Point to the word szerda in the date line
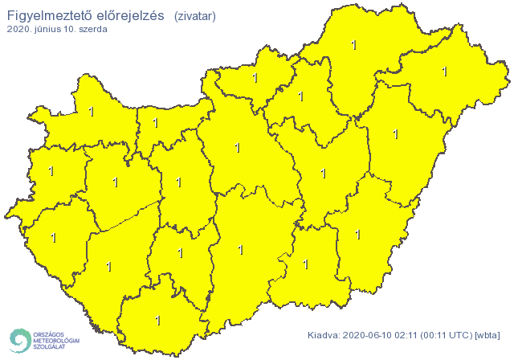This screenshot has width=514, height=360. [x=92, y=29]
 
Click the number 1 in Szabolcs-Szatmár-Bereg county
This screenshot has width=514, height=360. [x=444, y=72]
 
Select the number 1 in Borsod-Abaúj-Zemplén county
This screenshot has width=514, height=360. [x=354, y=46]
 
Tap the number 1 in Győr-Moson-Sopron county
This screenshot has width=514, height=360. [x=91, y=112]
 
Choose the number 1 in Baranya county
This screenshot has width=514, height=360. [x=157, y=320]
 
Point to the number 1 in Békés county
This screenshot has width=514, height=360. [x=357, y=234]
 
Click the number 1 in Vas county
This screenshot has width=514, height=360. [x=51, y=171]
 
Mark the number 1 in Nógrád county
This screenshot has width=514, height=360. [x=255, y=78]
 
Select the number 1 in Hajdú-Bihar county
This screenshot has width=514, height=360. [x=395, y=134]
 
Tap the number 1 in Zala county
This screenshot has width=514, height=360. [x=54, y=238]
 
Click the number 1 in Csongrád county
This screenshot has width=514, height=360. [x=305, y=264]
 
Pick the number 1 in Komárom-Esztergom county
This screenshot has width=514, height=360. [x=156, y=124]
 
